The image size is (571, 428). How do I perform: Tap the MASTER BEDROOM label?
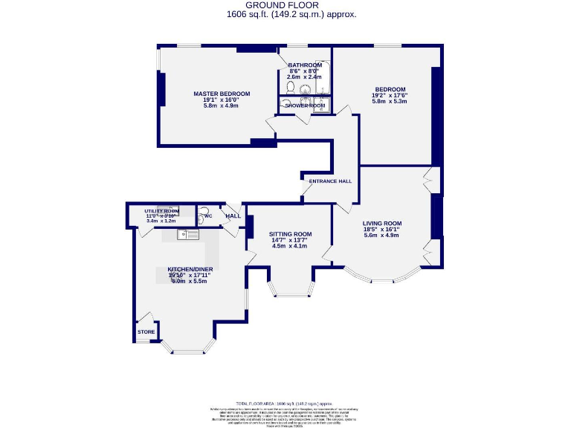(222, 94)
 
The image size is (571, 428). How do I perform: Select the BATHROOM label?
(305, 65)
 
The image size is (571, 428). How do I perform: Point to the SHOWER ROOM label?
(305, 106)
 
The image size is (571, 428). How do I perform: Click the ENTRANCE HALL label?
(330, 181)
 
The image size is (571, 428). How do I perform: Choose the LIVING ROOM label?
(381, 223)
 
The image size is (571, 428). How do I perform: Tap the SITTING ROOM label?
(290, 234)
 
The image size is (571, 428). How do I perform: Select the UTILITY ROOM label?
(161, 211)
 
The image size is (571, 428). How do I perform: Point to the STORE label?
(146, 332)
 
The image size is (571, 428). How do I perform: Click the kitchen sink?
(187, 235)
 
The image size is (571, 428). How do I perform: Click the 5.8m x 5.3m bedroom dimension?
(390, 101)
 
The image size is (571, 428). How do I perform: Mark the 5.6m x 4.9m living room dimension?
(381, 236)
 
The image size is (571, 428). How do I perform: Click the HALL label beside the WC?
(233, 216)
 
